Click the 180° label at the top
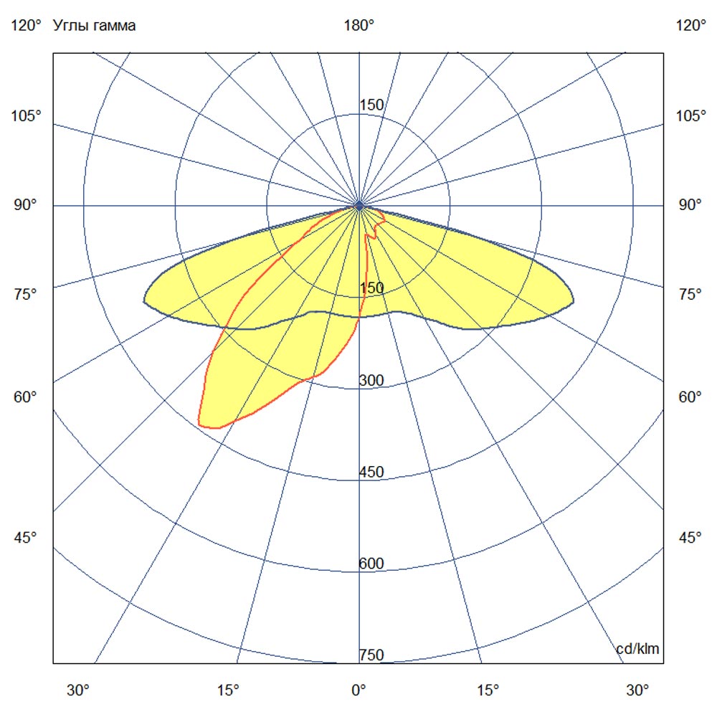pos(359,26)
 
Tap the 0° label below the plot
pos(358,690)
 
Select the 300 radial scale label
pos(371,380)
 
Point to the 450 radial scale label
pos(371,472)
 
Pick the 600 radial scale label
pos(371,564)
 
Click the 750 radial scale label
pos(371,655)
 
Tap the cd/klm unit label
pos(637,649)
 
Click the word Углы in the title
pos(72,27)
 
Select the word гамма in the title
pos(115,27)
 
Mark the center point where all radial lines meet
pos(359,206)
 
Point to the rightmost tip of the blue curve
pos(573,302)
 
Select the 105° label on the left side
pos(27,115)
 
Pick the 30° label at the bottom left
pos(78,690)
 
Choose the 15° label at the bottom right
pos(488,690)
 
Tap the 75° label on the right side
pos(691,294)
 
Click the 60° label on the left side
pos(27,397)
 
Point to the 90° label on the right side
pos(691,205)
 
